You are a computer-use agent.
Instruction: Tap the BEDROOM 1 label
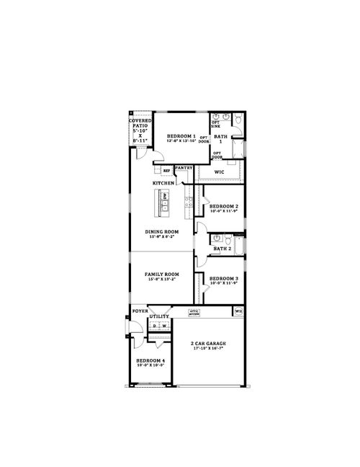181,138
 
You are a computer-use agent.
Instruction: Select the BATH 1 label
221,138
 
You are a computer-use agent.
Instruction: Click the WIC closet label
219,172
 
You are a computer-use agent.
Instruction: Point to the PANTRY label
183,167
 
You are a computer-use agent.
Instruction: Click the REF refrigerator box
166,171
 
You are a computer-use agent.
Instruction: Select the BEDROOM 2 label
223,208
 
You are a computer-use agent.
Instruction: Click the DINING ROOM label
162,233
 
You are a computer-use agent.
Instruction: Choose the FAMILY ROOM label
161,276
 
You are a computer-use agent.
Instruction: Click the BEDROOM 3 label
223,280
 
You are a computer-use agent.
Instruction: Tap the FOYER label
140,311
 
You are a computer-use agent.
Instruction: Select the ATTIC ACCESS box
194,313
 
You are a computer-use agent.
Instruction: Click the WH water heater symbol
237,311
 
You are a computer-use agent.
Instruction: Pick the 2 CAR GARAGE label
208,345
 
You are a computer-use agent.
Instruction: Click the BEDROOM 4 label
151,363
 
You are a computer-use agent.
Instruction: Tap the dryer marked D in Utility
154,326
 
